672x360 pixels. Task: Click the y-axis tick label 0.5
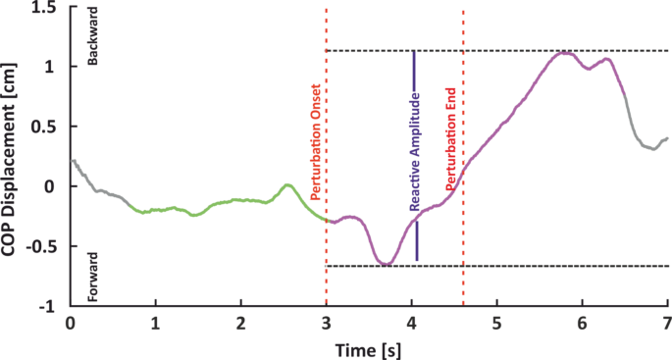click(x=43, y=127)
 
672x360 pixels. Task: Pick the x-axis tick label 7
click(x=666, y=323)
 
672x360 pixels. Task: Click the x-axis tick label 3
click(x=327, y=323)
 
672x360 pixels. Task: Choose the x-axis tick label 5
click(x=496, y=323)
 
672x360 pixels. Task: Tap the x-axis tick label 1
click(x=155, y=323)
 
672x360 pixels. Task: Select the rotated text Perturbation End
click(x=451, y=141)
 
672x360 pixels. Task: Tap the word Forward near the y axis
click(x=95, y=279)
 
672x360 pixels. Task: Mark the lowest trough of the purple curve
click(x=386, y=264)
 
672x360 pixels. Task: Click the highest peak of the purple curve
click(x=564, y=52)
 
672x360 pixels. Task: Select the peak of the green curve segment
click(x=287, y=184)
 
